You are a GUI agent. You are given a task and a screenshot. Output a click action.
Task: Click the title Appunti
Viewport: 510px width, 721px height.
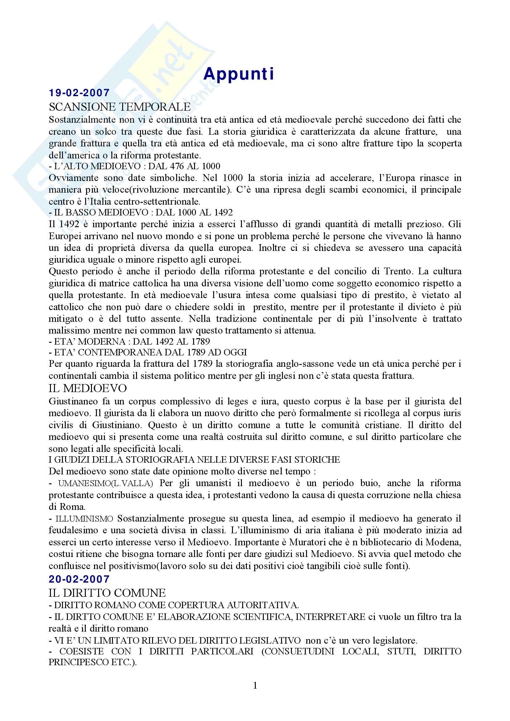[239, 74]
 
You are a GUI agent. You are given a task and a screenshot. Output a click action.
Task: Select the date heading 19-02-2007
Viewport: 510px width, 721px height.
[79, 93]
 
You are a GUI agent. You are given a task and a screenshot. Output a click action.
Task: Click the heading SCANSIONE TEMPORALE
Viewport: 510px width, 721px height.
[120, 107]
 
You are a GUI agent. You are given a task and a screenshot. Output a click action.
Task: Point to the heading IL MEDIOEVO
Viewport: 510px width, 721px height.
[88, 388]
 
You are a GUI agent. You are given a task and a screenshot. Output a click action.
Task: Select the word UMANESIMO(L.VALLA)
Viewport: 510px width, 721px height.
[106, 484]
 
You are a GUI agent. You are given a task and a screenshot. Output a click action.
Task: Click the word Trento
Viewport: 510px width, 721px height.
[398, 271]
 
